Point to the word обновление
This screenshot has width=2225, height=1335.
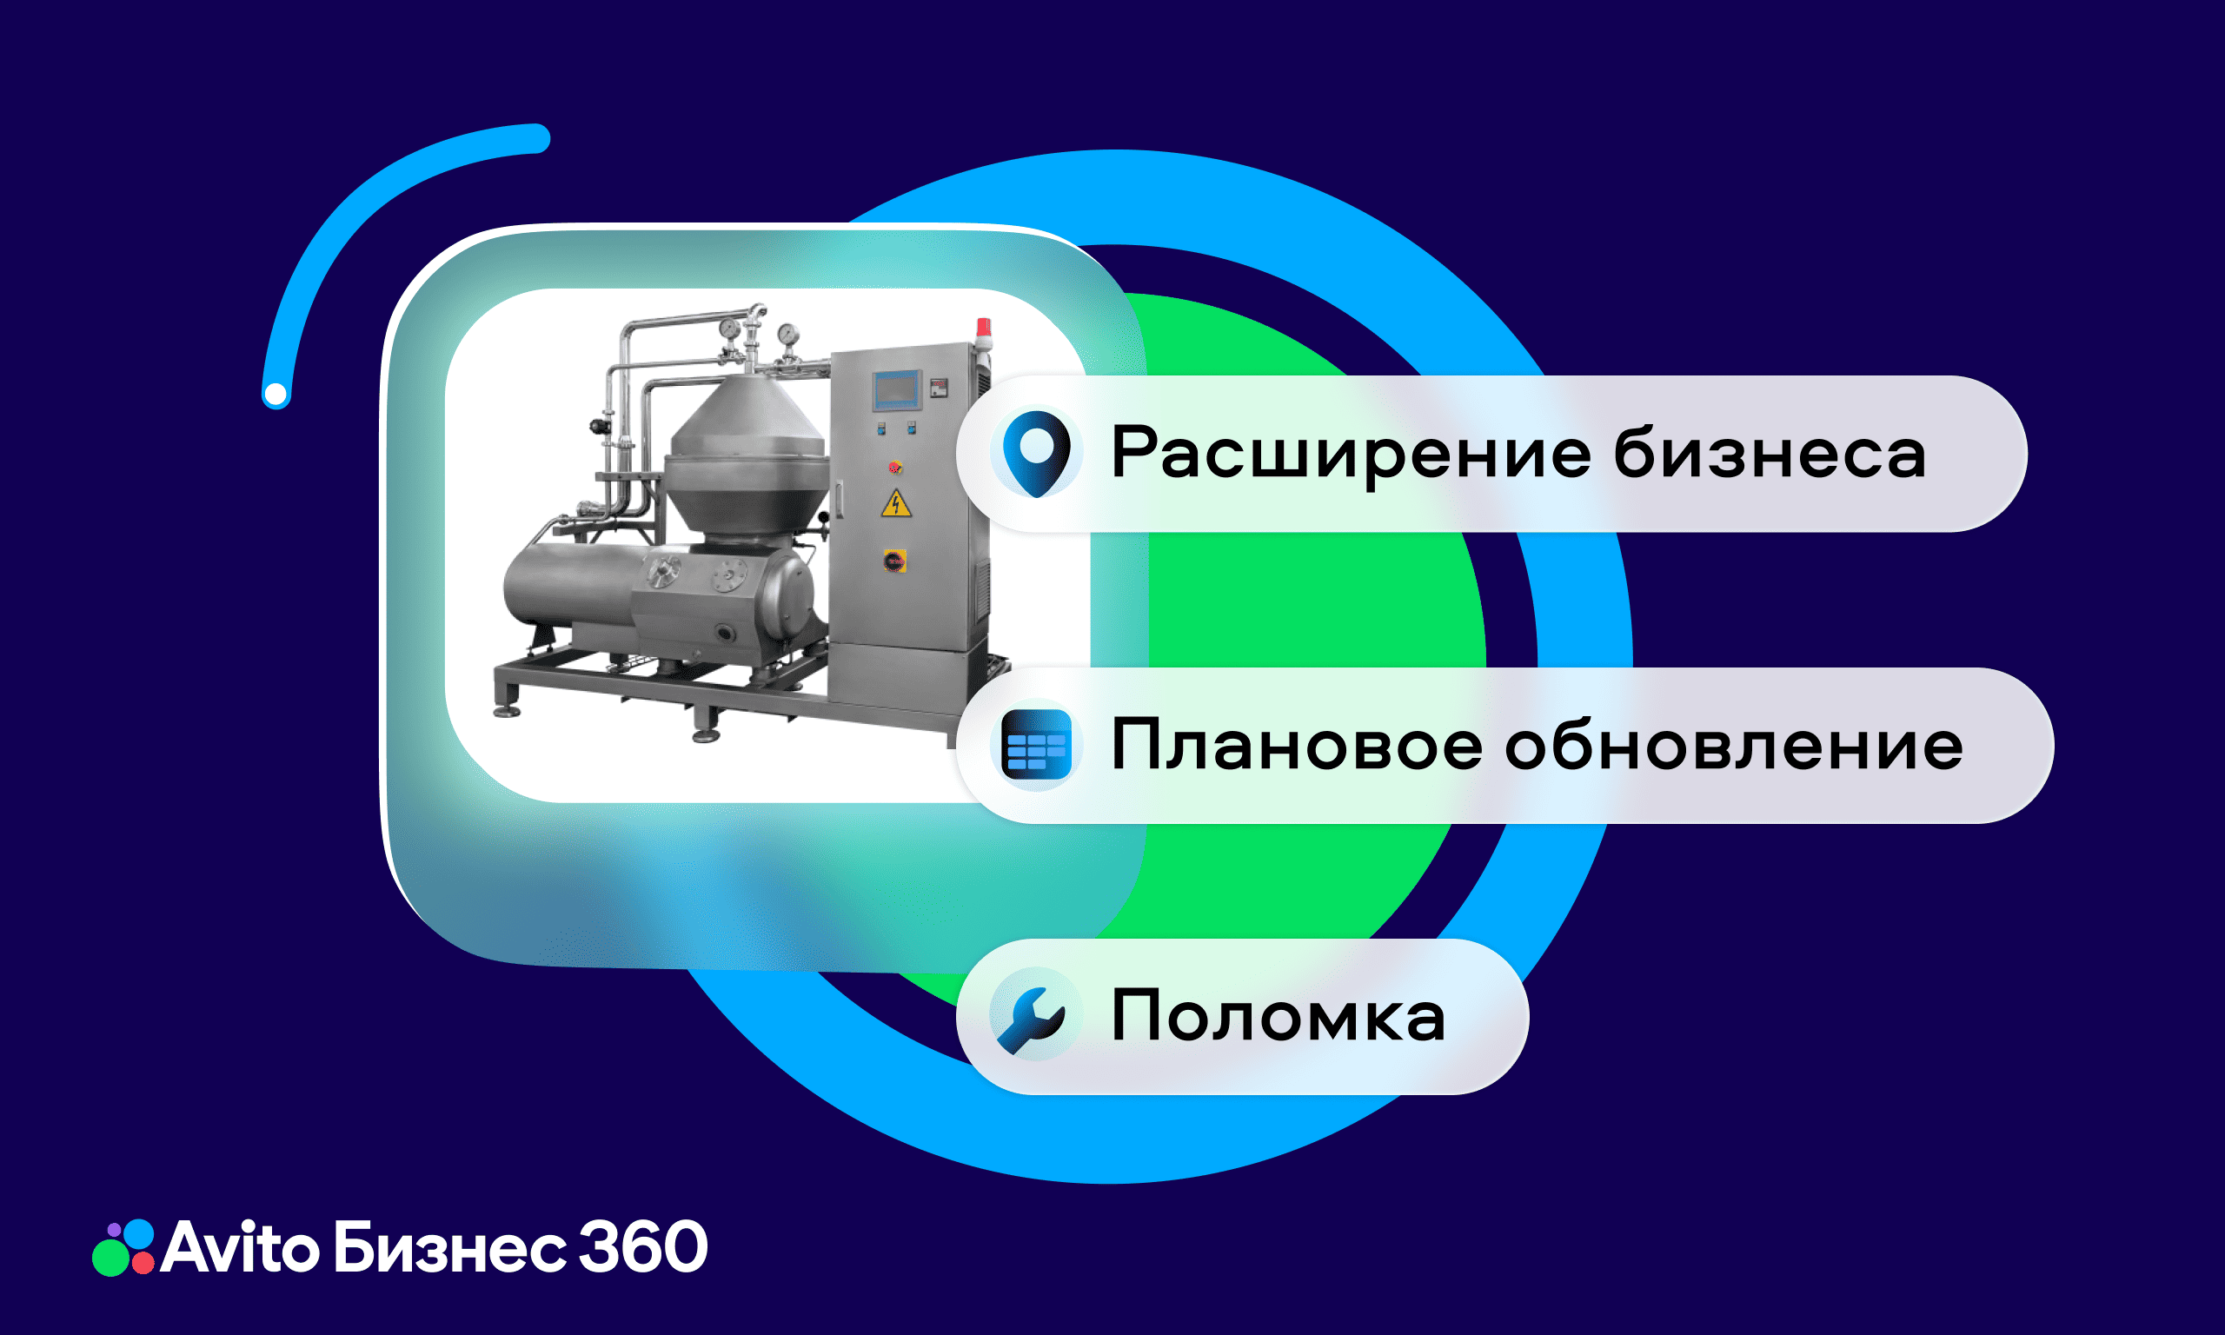pos(1733,746)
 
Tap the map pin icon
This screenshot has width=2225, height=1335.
pos(1036,453)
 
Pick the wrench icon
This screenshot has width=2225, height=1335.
pos(1033,1018)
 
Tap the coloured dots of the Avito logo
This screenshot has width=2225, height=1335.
pos(124,1248)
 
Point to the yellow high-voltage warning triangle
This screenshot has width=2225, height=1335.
pos(896,504)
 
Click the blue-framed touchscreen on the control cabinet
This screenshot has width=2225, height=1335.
pos(897,389)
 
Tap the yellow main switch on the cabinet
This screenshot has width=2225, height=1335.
pos(895,561)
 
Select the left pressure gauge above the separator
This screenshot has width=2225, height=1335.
pos(730,329)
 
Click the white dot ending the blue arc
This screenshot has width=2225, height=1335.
pos(276,394)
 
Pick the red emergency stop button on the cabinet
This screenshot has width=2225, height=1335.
pos(895,467)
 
